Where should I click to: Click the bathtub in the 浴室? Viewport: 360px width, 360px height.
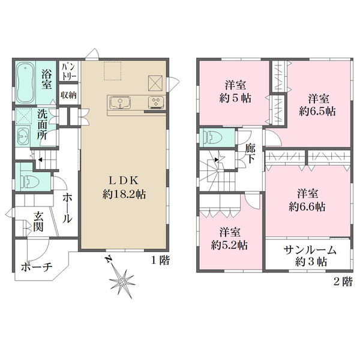point(26,83)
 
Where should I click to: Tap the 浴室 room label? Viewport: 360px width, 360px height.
point(47,80)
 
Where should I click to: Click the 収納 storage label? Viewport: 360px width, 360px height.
point(68,95)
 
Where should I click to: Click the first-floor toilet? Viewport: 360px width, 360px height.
point(27,178)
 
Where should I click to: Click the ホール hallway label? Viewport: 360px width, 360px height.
point(67,207)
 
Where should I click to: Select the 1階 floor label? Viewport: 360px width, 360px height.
point(160,261)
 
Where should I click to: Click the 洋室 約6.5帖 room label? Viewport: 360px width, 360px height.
point(317,104)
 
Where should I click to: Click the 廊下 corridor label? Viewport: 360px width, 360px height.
point(250,153)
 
